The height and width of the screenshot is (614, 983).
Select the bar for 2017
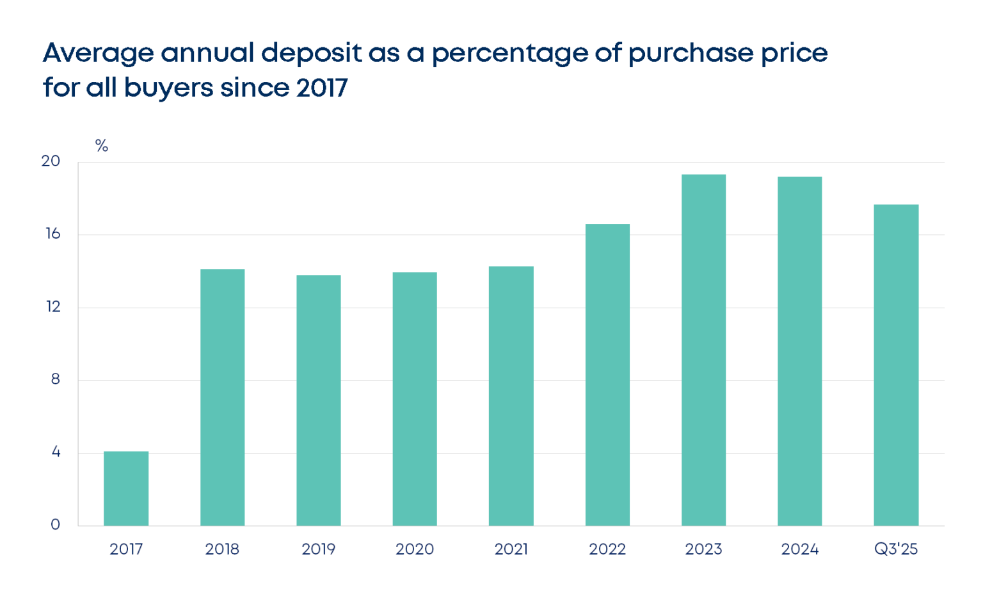(x=126, y=489)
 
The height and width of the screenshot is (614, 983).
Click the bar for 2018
(x=222, y=397)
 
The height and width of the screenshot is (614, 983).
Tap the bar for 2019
(x=318, y=400)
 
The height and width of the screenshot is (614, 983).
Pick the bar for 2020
(x=415, y=399)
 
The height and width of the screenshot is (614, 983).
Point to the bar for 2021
(x=511, y=396)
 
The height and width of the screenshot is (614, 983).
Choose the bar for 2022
(x=607, y=375)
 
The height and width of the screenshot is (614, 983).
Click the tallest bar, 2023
(x=703, y=350)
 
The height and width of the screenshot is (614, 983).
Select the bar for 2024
(x=799, y=351)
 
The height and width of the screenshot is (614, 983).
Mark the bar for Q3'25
(x=896, y=365)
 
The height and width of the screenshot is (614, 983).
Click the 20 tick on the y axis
(x=51, y=161)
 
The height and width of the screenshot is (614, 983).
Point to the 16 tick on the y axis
(x=52, y=234)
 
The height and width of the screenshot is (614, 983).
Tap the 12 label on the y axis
(x=52, y=307)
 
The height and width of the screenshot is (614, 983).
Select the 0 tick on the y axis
(x=55, y=525)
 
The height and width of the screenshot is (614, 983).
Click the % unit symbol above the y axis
(x=101, y=146)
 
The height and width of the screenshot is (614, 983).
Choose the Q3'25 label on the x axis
(x=896, y=549)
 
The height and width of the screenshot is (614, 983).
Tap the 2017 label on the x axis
(x=126, y=549)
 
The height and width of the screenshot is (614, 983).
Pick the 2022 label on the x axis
(x=607, y=549)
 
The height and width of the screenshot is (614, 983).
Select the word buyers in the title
(x=168, y=88)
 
